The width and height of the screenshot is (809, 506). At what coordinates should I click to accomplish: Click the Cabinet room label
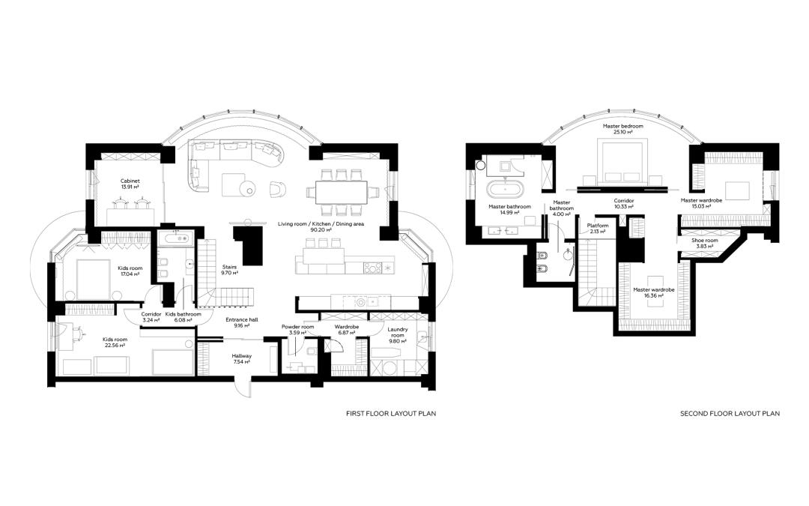[x=130, y=181]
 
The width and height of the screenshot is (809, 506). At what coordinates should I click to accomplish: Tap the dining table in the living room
[x=341, y=192]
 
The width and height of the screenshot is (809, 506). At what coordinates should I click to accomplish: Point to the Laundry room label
[x=397, y=332]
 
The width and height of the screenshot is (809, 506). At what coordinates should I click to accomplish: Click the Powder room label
[x=297, y=327]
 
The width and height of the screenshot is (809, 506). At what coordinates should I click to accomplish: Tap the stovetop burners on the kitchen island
[x=372, y=268]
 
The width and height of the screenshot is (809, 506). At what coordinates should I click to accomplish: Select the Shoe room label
[x=705, y=241]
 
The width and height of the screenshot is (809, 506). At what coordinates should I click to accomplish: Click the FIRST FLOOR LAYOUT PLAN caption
[x=390, y=414]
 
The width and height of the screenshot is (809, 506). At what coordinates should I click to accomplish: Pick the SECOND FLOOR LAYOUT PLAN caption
[x=730, y=414]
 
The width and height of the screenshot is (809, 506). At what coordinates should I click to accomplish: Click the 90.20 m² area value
[x=321, y=230]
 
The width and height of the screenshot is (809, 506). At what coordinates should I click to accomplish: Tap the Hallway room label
[x=241, y=356]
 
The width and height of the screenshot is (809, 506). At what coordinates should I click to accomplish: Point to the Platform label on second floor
[x=598, y=226]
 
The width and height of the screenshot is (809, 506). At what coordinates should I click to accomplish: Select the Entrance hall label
[x=241, y=319]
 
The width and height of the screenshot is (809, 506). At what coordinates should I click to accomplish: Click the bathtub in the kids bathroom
[x=175, y=238]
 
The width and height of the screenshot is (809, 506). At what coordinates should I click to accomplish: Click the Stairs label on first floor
[x=230, y=267]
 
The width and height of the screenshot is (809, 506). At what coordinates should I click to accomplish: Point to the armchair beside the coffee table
[x=278, y=189]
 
